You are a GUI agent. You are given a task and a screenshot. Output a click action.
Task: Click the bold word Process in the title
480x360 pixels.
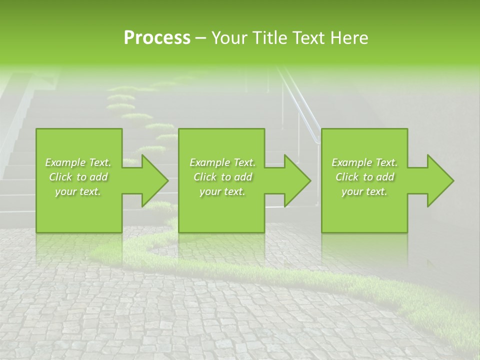point(157,38)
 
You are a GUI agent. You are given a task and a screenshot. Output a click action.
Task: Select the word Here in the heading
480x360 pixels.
point(349,38)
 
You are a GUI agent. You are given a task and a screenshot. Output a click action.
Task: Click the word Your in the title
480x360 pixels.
point(229,38)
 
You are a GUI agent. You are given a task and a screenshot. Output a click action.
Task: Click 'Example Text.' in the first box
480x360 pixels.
point(78,162)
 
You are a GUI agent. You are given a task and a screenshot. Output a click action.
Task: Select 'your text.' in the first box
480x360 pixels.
point(78,191)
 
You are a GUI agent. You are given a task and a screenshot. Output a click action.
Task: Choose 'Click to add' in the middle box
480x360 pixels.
point(222,177)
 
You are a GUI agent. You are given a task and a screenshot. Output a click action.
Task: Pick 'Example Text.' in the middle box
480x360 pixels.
point(222,162)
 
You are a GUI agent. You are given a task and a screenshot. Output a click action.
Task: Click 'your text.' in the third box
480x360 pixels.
point(364,191)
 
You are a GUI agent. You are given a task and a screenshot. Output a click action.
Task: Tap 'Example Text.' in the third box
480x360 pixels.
point(364,162)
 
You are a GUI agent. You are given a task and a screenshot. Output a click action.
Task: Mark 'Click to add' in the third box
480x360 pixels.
point(364,177)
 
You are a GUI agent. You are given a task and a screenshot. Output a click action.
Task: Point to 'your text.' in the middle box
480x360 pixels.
point(222,191)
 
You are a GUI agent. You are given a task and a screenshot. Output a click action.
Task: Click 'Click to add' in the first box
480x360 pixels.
point(78,177)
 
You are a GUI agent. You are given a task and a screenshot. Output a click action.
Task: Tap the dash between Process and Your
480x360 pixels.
point(201,38)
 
